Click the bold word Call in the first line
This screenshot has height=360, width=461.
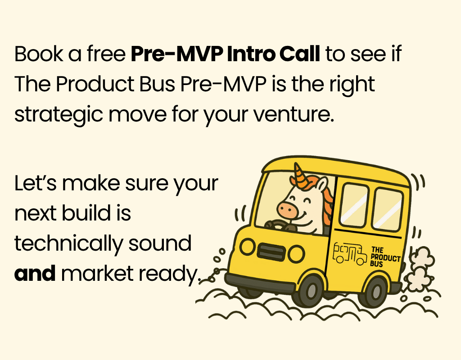click(x=299, y=54)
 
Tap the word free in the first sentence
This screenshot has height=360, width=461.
click(x=106, y=54)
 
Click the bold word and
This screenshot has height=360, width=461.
click(x=35, y=273)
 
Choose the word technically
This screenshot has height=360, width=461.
click(x=68, y=244)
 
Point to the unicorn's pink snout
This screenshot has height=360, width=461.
click(x=287, y=209)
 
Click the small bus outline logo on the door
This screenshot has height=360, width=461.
click(x=349, y=253)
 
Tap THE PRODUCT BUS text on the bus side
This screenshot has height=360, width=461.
click(x=385, y=256)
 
